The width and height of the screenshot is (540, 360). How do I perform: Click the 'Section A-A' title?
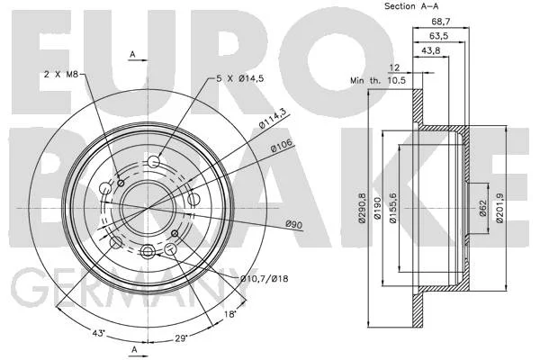[x=411, y=6]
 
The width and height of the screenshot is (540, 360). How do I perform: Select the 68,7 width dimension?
[x=440, y=22]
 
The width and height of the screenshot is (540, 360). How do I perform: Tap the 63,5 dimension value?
[x=438, y=36]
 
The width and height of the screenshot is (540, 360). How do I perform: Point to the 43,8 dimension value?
[x=431, y=50]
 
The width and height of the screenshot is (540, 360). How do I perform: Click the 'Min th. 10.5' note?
[x=378, y=81]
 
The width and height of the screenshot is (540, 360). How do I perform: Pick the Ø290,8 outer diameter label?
[x=362, y=208]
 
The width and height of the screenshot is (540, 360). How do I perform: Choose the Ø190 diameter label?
[x=377, y=208]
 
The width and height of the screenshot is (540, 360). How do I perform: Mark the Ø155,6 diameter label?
[x=393, y=208]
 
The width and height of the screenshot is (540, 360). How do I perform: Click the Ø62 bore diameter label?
[x=482, y=208]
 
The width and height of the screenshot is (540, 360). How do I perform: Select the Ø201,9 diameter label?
[x=499, y=208]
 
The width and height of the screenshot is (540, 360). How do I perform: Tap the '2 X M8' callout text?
[x=61, y=74]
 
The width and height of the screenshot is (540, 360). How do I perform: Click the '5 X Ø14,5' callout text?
[x=239, y=78]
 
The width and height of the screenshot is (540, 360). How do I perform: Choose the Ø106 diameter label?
[x=282, y=145]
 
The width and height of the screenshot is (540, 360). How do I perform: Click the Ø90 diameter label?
[x=293, y=224]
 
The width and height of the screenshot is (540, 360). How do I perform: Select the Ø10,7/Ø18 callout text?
[x=264, y=278]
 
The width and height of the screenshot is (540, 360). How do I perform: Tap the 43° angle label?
[x=98, y=333]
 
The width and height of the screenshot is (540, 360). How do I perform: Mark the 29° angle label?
[x=181, y=338]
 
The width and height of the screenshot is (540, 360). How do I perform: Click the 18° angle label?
[x=229, y=314]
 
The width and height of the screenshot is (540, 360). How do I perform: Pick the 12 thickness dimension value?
[x=394, y=67]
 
